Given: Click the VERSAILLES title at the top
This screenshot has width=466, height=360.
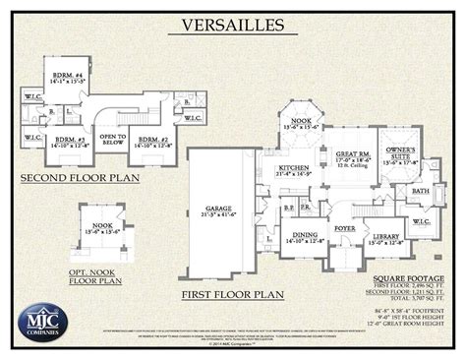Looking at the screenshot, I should coord(233,23).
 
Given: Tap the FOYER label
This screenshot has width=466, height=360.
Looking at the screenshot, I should coord(344,228).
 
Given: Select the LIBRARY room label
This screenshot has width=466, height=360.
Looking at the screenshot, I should coord(384,236).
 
